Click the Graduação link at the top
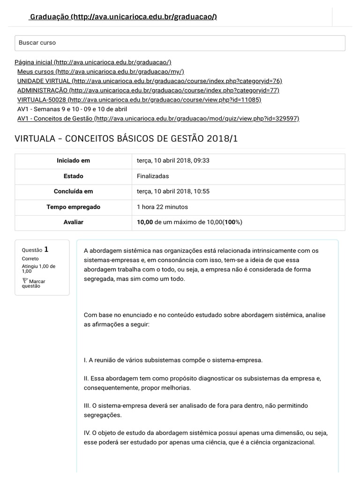tap(123, 17)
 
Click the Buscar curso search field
tap(180, 43)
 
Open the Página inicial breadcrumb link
tap(93, 62)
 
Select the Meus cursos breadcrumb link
tap(100, 72)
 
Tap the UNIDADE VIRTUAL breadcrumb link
tap(150, 81)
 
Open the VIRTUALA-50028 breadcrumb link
tap(139, 100)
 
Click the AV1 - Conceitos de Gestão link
tap(158, 119)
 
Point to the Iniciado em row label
tap(73, 161)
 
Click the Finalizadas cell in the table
tap(153, 176)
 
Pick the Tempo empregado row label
tap(73, 207)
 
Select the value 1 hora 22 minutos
tap(162, 207)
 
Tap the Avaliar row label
tap(73, 222)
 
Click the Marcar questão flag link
tap(33, 283)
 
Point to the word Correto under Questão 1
tap(30, 259)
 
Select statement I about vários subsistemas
tap(173, 360)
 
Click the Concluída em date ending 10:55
tap(173, 191)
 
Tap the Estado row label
tap(73, 176)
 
